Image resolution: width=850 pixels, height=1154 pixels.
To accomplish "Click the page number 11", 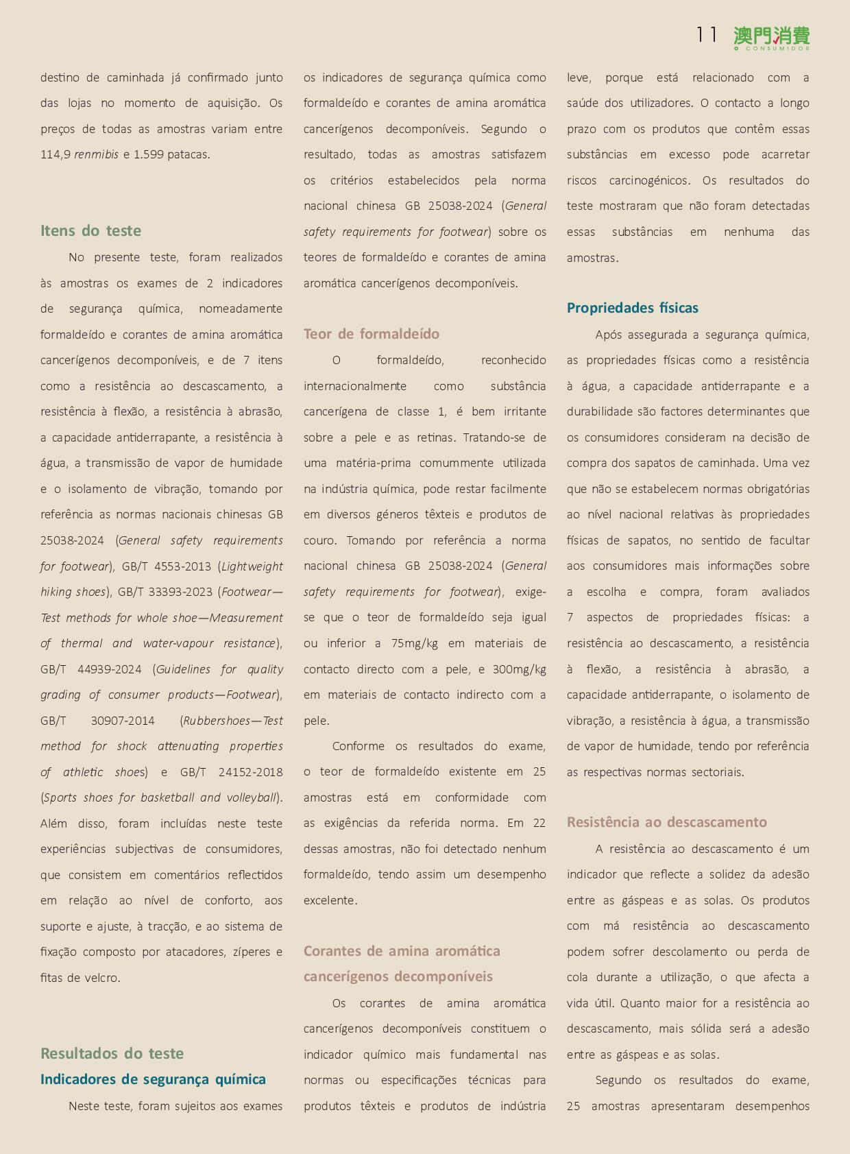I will coord(706,34).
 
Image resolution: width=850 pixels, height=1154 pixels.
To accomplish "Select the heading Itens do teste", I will coord(90,230).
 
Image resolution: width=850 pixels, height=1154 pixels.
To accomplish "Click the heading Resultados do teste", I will coord(112,1053).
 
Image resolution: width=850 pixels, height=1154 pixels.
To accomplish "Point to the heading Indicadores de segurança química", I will coord(153,1079).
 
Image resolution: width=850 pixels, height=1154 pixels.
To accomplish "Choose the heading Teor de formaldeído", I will coord(372,334).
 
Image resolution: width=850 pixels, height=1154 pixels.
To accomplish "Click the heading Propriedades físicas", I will coord(632,308).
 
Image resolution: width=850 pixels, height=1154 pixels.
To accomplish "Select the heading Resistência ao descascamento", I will coord(666,822).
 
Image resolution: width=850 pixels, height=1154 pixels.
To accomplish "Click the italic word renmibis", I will coord(96,155).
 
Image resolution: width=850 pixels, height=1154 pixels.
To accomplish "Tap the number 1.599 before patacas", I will coord(148,155).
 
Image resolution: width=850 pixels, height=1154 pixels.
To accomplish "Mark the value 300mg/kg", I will coord(519,669).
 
